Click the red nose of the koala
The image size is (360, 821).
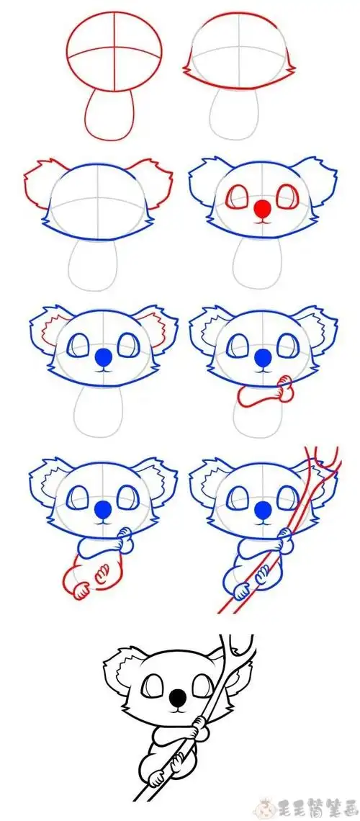click(264, 210)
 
